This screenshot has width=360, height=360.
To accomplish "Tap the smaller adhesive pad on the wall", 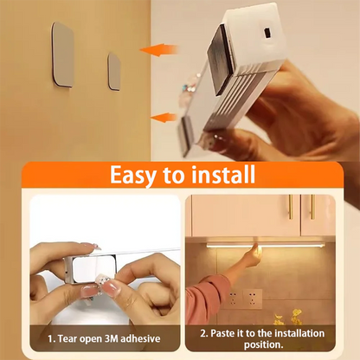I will click(x=114, y=70).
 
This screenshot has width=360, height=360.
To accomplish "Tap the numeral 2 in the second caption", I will click(x=204, y=331).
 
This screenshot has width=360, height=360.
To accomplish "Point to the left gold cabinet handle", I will click(x=290, y=207).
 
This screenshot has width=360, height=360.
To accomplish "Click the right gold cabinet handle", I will click(x=312, y=207).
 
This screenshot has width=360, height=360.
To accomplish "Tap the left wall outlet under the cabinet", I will click(x=232, y=299).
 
